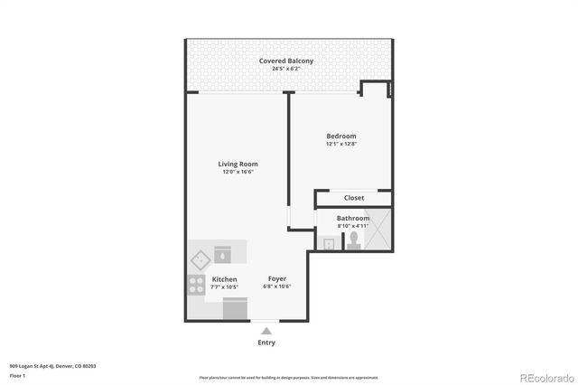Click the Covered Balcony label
point(286,61)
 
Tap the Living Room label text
point(238,164)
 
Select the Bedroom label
point(341,136)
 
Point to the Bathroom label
point(353,218)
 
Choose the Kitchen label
point(225,279)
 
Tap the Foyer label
point(277,279)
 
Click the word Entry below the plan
point(267,343)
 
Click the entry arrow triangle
point(266,331)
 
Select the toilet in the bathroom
point(353,239)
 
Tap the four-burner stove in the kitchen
point(196,286)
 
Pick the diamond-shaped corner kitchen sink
point(200,260)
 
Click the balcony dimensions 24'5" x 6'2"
point(286,69)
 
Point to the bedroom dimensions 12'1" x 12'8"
point(341,145)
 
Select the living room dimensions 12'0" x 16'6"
point(238,172)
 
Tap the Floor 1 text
point(18,375)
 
